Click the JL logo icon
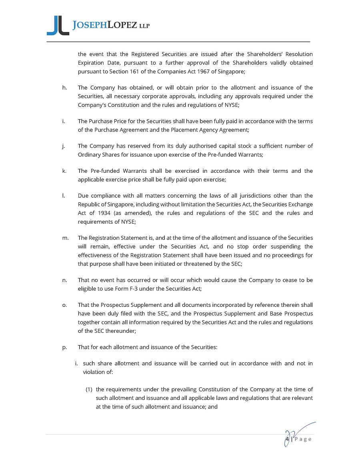point(58,26)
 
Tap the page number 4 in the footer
point(288,439)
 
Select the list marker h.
point(64,88)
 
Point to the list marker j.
point(64,146)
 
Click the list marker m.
point(65,238)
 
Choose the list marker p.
point(64,347)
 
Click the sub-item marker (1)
point(90,389)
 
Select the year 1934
point(104,213)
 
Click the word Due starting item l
point(83,196)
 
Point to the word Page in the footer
point(302,439)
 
